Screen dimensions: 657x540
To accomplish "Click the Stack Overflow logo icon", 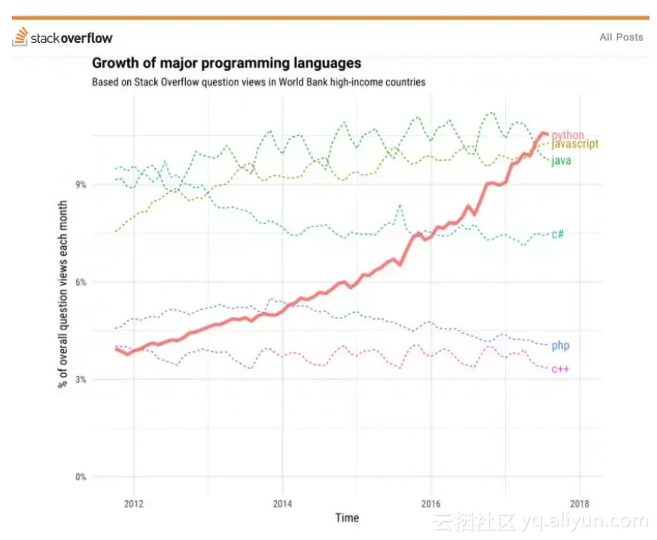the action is (x=20, y=37).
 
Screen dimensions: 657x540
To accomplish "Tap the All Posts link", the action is (x=621, y=38).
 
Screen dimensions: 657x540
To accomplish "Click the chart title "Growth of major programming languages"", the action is (x=227, y=63).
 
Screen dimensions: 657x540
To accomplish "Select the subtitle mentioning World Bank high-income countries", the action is (x=259, y=82).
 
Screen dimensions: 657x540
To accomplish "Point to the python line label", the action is (x=567, y=135).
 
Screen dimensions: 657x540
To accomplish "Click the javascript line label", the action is (x=575, y=144).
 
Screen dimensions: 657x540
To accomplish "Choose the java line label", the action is (x=561, y=160).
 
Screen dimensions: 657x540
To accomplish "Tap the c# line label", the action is (x=558, y=234).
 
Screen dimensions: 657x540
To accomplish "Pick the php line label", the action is (x=560, y=346).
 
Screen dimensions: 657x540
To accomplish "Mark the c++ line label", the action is (x=560, y=369).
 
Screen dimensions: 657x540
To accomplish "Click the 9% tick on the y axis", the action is (x=81, y=184).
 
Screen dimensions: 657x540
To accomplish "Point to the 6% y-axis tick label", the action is (x=81, y=282).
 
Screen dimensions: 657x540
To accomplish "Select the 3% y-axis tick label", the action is (x=81, y=379).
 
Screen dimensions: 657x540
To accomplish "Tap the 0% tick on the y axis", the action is (x=81, y=477).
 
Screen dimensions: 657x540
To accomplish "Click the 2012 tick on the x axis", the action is (x=134, y=504).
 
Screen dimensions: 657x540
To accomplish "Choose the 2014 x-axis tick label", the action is (x=282, y=504).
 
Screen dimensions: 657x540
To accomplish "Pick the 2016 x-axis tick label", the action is (x=430, y=504).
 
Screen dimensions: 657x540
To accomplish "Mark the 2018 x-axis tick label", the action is (x=579, y=504).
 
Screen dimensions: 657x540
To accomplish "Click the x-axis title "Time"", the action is (x=347, y=518).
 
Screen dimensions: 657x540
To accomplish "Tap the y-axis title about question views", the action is (x=62, y=294).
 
